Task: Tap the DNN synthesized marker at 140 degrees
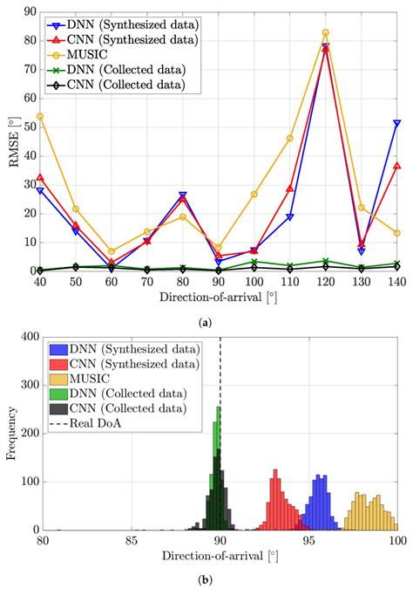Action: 397,124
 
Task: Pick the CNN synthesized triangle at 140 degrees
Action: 397,166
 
